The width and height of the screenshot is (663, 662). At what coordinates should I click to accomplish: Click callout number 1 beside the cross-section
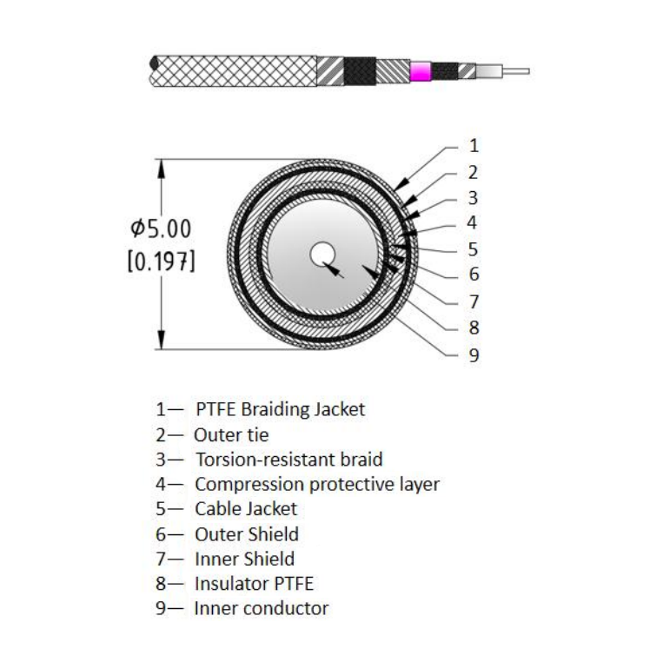[x=474, y=146]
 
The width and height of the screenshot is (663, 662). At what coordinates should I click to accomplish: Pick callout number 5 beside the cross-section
[x=474, y=249]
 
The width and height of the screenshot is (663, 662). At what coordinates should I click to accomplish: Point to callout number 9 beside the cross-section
[x=474, y=354]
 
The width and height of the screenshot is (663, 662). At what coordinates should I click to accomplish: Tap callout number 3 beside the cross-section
[x=474, y=198]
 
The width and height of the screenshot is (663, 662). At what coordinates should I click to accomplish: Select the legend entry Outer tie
[x=231, y=434]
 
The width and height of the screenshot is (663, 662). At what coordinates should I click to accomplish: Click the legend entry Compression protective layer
[x=317, y=484]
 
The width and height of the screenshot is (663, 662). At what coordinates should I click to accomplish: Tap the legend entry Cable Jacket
[x=246, y=508]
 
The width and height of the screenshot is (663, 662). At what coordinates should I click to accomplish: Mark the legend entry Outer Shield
[x=247, y=534]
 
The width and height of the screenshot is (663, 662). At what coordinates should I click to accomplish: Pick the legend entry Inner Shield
[x=244, y=559]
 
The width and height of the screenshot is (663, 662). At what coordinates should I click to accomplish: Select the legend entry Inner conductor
[x=262, y=608]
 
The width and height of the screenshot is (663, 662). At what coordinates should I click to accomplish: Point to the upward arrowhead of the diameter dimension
[x=161, y=168]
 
